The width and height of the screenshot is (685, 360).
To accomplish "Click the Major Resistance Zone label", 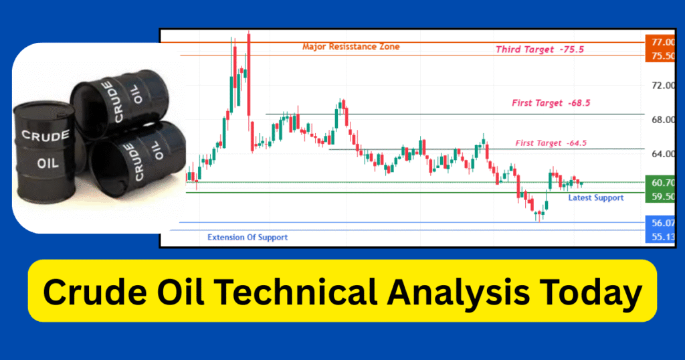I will pyautogui.click(x=351, y=47).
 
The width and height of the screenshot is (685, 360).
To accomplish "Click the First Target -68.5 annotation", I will pyautogui.click(x=551, y=103).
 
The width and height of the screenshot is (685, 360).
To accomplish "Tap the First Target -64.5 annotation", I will pyautogui.click(x=551, y=143).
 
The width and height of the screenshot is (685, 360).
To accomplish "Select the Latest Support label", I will pyautogui.click(x=595, y=197).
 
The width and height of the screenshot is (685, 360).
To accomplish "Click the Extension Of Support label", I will pyautogui.click(x=248, y=238).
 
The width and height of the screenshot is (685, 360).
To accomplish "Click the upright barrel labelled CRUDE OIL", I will pyautogui.click(x=45, y=153).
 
